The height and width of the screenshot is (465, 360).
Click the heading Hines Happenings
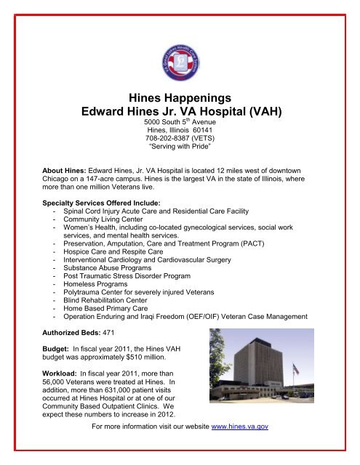click(180, 97)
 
